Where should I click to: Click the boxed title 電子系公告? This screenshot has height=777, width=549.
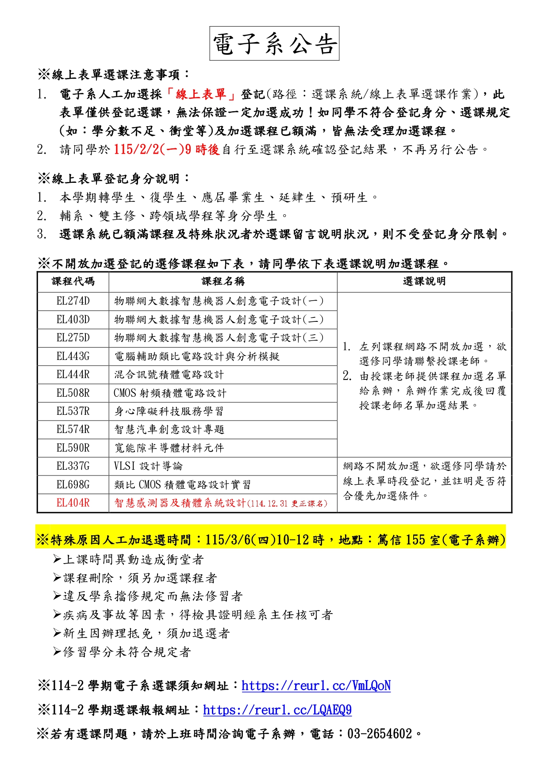click(274, 44)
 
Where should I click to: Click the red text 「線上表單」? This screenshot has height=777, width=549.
click(201, 94)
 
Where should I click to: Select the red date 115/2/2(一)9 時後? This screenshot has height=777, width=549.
click(166, 150)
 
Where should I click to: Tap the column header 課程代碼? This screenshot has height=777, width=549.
click(73, 282)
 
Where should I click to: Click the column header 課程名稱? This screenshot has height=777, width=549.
click(223, 282)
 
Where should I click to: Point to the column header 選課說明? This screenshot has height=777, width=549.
click(424, 282)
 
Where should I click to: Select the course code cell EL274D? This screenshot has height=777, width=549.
click(73, 301)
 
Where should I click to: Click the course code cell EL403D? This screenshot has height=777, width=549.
click(73, 320)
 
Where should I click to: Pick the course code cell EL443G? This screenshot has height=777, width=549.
click(73, 356)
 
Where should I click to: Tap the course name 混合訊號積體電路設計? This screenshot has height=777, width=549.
click(169, 375)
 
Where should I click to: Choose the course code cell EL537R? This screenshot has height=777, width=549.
click(73, 411)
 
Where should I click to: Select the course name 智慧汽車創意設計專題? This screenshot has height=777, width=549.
click(169, 429)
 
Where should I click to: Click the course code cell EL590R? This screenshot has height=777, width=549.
click(73, 448)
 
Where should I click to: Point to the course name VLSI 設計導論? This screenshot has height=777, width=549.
click(148, 466)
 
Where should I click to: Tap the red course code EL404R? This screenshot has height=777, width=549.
click(73, 503)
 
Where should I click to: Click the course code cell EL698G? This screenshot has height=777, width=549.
click(73, 485)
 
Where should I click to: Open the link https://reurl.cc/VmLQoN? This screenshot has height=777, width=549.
click(316, 686)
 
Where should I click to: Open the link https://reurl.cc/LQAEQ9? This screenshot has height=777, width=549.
click(277, 710)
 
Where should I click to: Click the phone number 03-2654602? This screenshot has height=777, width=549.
click(380, 734)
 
